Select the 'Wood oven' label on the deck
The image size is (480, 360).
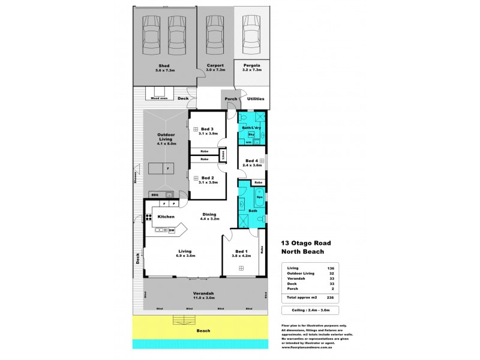coord(159,97)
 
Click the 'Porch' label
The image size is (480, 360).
coord(230,99)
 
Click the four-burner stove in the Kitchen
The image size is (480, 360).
coord(148,218)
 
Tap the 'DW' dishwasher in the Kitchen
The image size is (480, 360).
coord(171,230)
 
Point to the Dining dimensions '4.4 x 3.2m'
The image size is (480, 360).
coord(209,220)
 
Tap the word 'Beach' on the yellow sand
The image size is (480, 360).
coord(204,330)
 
